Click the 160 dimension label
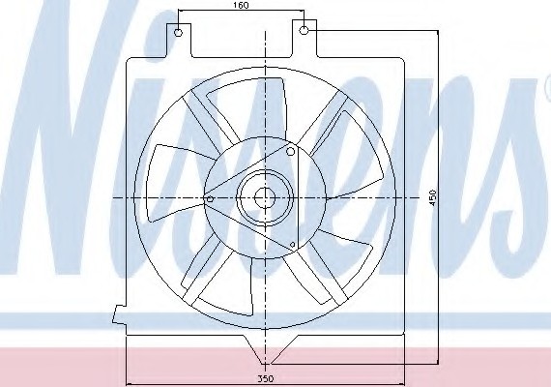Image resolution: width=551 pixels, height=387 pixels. coord(241,5)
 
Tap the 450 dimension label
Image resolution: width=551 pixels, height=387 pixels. coord(432,197)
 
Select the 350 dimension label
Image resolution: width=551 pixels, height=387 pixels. coord(266,379)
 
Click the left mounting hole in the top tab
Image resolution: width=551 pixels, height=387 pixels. coord(179,33)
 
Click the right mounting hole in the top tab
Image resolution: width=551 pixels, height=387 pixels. coord(304,30)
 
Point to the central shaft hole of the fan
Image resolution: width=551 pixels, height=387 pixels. coord(264,198)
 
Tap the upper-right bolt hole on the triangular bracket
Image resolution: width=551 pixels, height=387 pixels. coord(290,152)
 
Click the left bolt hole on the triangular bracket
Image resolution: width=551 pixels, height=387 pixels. coord(210,199)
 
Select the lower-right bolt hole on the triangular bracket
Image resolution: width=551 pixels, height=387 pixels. coord(292,244)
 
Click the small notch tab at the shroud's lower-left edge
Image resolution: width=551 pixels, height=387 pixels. coord(119,313)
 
